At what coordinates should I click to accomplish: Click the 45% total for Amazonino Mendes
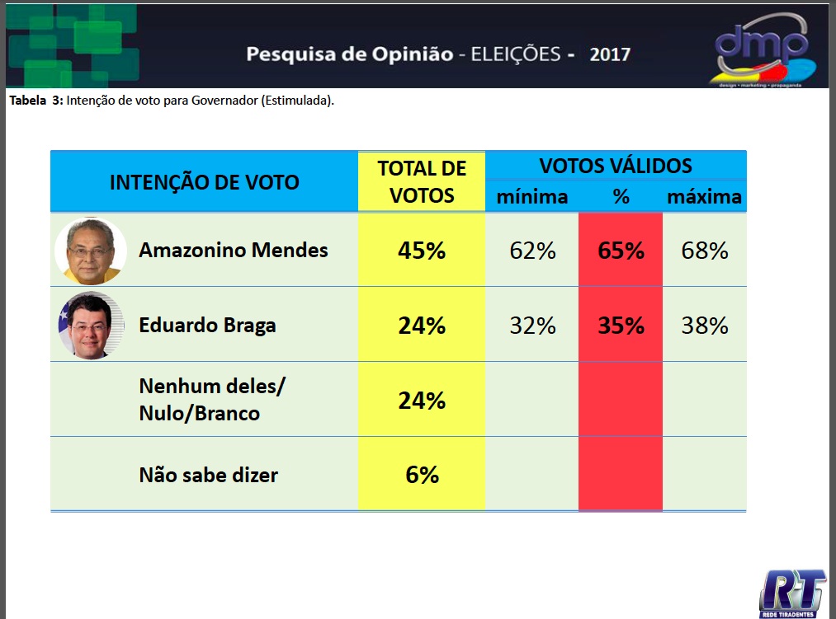[x=422, y=251]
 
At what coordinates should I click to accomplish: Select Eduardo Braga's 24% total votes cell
[x=422, y=326]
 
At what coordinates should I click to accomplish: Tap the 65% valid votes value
[x=621, y=251]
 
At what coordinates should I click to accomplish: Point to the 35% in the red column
[x=621, y=326]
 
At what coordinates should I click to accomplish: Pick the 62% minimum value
[x=532, y=251]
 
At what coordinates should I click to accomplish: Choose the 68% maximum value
[x=705, y=251]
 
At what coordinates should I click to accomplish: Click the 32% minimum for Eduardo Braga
[x=532, y=326]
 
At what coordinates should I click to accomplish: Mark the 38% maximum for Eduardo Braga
[x=705, y=326]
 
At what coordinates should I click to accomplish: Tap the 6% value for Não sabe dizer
[x=422, y=475]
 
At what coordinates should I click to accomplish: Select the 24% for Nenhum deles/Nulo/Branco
[x=422, y=401]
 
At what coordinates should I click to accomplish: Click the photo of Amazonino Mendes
[x=90, y=251]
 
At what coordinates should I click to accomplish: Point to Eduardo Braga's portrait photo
[x=90, y=326]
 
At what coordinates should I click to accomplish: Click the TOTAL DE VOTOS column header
[x=422, y=181]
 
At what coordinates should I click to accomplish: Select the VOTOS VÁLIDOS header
[x=616, y=166]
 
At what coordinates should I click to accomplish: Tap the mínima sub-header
[x=532, y=197]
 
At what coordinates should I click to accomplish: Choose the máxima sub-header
[x=705, y=197]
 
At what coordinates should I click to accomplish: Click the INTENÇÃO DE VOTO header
[x=205, y=182]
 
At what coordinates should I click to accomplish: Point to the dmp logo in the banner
[x=760, y=47]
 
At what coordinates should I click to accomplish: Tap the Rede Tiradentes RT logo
[x=793, y=592]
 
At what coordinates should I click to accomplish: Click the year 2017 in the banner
[x=610, y=55]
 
